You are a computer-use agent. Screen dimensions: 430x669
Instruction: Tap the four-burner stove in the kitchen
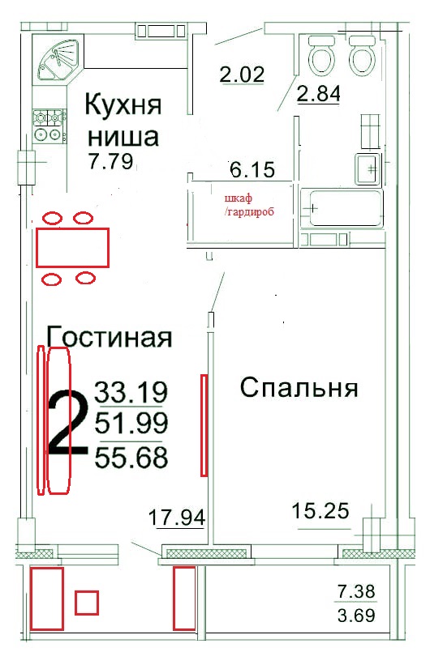[49, 126]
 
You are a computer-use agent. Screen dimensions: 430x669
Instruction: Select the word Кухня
[123, 104]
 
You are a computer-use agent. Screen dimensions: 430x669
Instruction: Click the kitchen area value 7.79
[111, 161]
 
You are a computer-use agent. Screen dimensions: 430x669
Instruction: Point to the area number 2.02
[242, 75]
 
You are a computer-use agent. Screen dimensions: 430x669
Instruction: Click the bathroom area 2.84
[319, 93]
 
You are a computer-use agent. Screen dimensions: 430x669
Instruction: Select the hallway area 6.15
[252, 170]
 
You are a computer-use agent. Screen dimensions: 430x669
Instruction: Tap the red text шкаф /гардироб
[249, 205]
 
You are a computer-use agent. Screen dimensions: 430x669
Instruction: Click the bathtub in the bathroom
[342, 208]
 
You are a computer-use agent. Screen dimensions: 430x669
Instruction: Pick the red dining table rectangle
[72, 248]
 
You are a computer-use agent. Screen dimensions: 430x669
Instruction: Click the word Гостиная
[109, 337]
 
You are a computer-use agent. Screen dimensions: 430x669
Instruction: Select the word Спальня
[299, 388]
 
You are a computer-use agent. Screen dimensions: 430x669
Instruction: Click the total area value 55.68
[131, 458]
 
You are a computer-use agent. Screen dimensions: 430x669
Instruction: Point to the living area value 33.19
[131, 392]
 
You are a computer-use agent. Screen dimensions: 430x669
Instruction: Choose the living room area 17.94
[177, 518]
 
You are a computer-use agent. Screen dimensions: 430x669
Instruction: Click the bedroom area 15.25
[320, 511]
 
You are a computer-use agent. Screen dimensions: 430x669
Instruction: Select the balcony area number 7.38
[356, 591]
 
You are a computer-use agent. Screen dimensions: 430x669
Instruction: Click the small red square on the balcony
[87, 603]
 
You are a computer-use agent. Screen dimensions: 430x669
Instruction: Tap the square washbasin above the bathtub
[368, 169]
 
